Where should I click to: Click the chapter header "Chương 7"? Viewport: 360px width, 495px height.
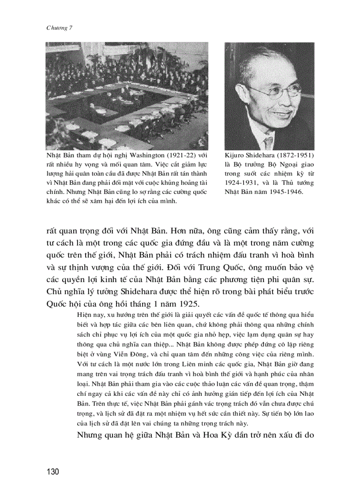point(59,28)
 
